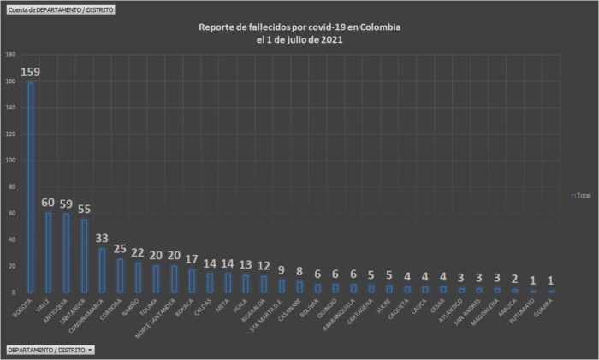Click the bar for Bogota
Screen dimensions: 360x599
coord(31,187)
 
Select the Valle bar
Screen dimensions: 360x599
coord(48,252)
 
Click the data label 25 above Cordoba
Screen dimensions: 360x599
coord(122,249)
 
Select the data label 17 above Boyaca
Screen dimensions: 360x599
coord(193,259)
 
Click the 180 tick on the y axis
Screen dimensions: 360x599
coord(11,55)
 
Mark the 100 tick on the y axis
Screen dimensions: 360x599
coord(11,161)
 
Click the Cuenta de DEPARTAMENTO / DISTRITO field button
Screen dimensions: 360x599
coord(60,9)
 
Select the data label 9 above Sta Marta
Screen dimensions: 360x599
coord(282,270)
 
